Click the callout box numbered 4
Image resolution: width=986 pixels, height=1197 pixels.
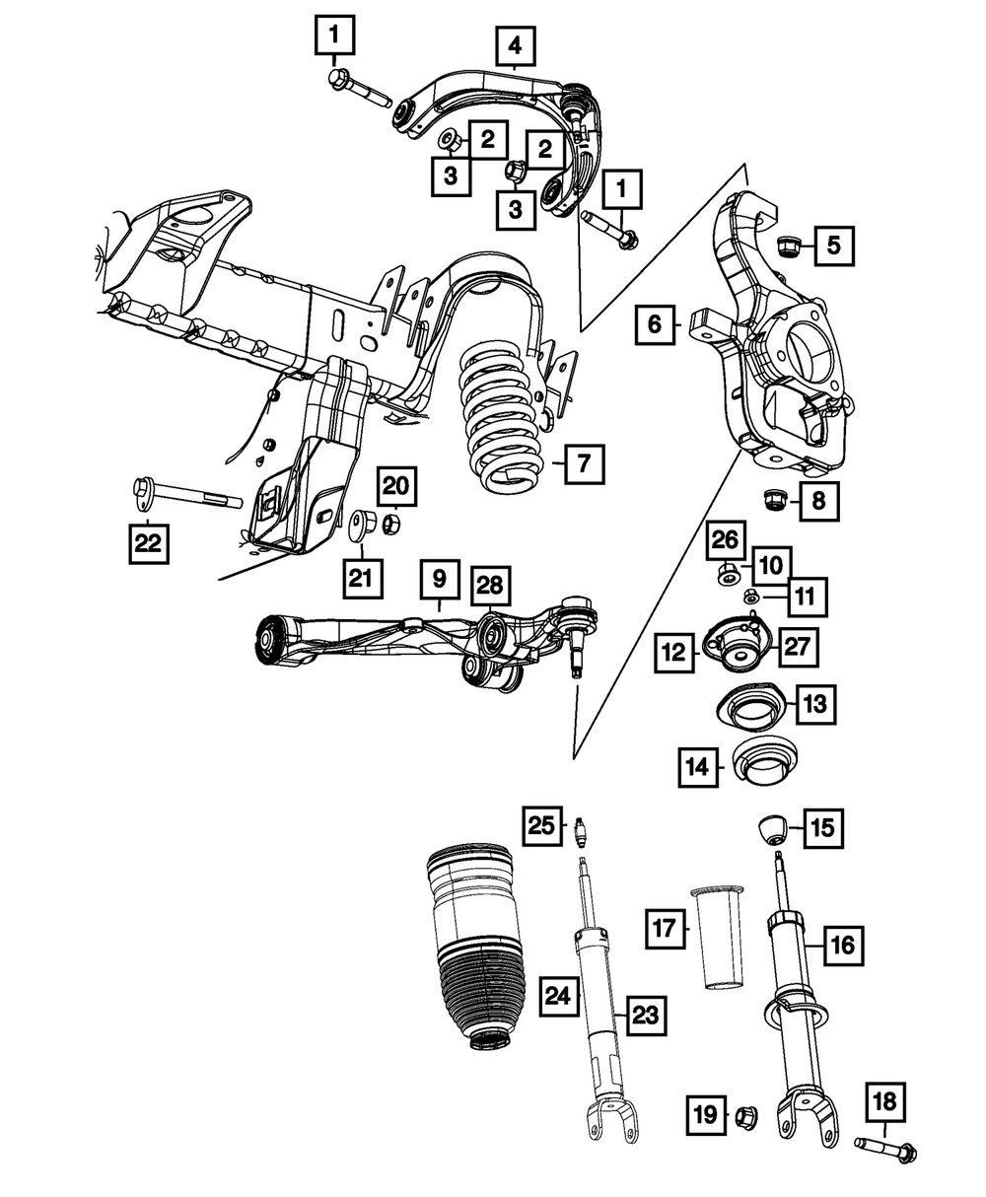[x=515, y=45]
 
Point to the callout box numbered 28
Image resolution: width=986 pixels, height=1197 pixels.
[x=490, y=586]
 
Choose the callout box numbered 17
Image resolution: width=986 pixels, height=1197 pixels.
[x=665, y=928]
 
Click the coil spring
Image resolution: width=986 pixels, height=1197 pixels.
[x=500, y=414]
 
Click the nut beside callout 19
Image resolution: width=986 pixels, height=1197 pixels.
[x=744, y=1116]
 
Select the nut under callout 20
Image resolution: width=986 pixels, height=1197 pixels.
[x=390, y=522]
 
